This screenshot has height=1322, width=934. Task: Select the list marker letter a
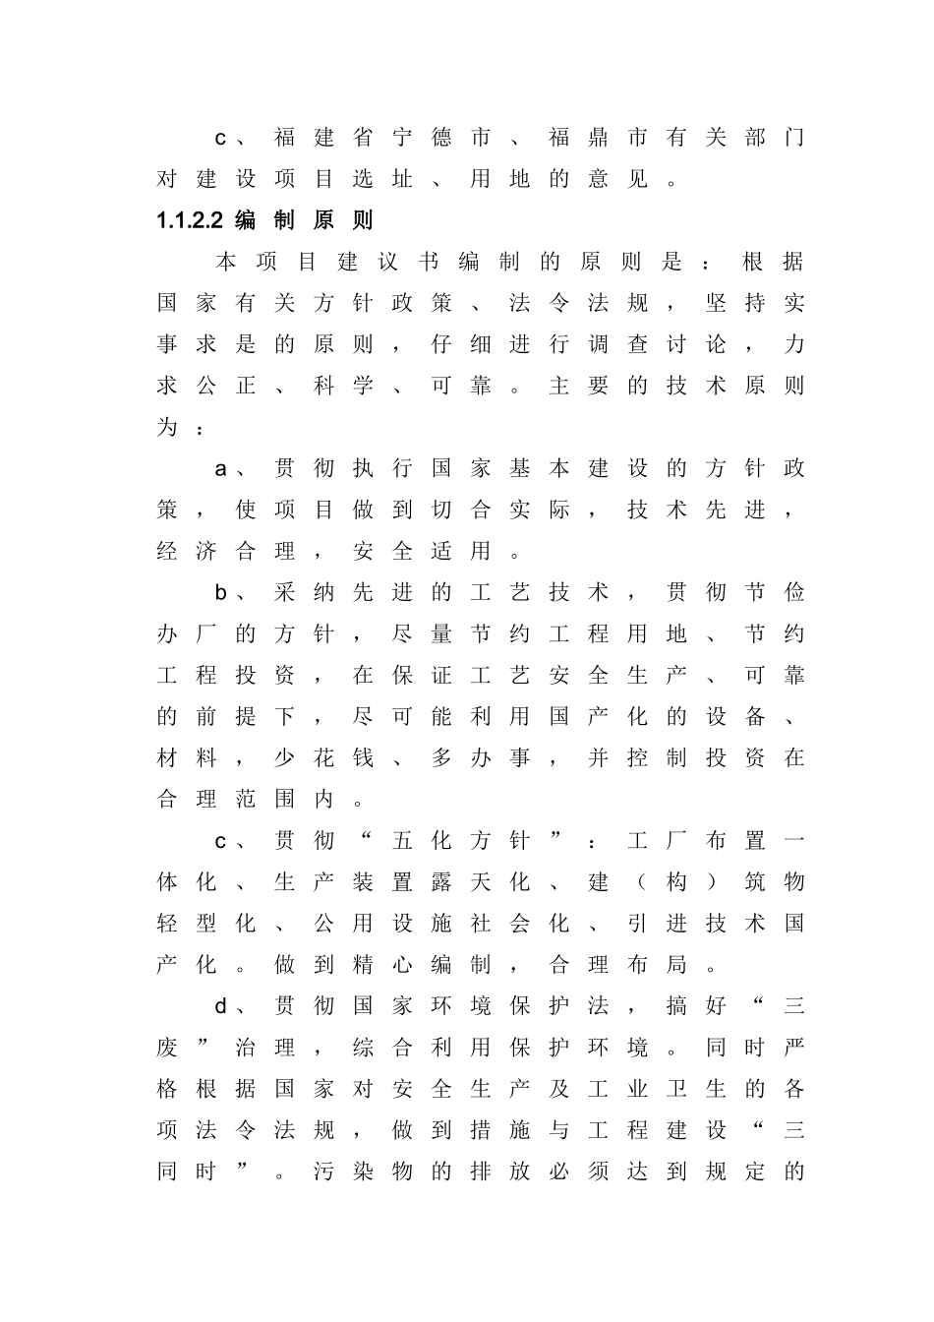click(221, 469)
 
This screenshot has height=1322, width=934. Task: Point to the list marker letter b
click(221, 593)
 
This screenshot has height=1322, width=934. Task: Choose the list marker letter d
click(221, 1006)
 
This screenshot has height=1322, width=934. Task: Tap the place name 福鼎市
click(599, 138)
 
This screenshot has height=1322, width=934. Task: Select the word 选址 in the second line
click(382, 179)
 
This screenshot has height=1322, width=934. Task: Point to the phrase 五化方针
click(461, 841)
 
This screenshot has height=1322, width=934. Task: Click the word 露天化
click(481, 882)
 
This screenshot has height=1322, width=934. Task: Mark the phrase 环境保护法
click(481, 1006)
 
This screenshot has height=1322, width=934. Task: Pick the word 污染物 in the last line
click(363, 1172)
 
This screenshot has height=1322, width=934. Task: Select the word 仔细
click(461, 344)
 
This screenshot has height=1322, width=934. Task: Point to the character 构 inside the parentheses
click(677, 882)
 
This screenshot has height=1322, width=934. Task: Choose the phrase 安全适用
click(422, 552)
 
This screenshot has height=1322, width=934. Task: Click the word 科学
click(343, 386)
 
